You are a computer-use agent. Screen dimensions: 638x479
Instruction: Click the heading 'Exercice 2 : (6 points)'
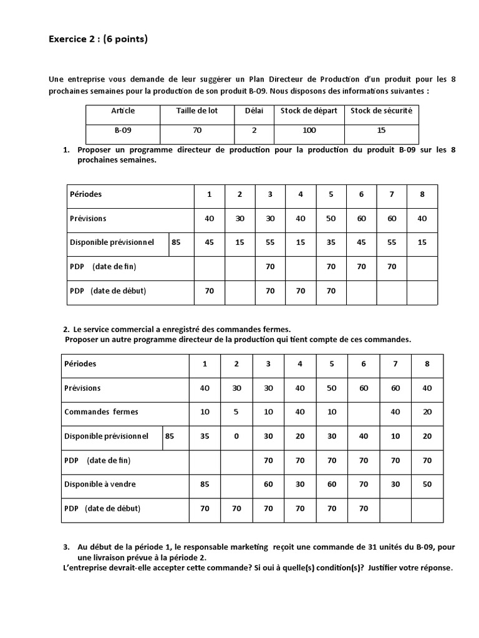click(x=98, y=40)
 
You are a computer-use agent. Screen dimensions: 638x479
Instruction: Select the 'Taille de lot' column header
click(x=195, y=110)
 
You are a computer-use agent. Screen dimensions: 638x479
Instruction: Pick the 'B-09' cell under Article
click(x=123, y=131)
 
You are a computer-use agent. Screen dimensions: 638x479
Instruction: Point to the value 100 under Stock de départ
click(x=309, y=131)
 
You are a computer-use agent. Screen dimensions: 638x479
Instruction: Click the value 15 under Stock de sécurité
click(x=381, y=131)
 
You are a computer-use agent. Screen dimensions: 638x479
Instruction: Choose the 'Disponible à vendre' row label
click(x=100, y=484)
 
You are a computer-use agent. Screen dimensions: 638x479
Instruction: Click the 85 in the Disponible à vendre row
click(x=205, y=484)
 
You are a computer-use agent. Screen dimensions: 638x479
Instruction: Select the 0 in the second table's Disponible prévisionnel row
click(x=236, y=436)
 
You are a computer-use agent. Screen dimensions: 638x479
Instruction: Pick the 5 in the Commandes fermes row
click(x=236, y=412)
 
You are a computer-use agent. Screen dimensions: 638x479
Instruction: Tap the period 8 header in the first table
click(x=422, y=194)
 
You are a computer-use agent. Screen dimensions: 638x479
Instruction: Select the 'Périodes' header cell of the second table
click(x=80, y=363)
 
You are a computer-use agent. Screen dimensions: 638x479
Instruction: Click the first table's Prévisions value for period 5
click(x=331, y=218)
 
